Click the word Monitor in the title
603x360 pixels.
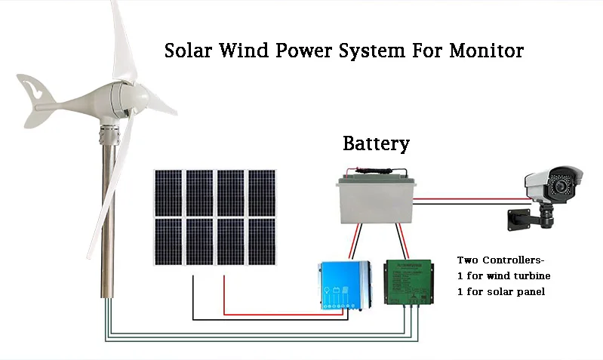(x=486, y=51)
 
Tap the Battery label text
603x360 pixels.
(x=376, y=143)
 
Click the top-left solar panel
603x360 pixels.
(x=169, y=192)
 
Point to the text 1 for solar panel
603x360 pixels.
(x=500, y=292)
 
